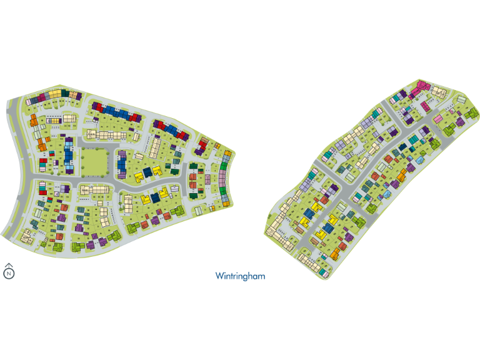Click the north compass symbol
pos(9,271)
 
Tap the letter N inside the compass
pos(9,273)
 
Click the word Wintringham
pos(241,275)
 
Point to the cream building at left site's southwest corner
pos(27,236)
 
